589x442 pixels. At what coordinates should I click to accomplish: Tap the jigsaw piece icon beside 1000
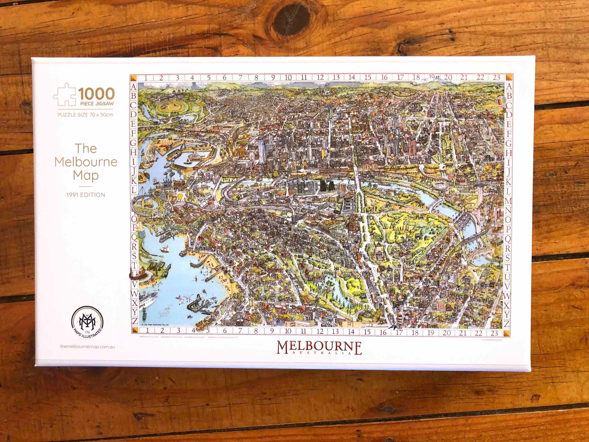click(x=65, y=94)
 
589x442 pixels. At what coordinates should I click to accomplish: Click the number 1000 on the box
click(x=96, y=94)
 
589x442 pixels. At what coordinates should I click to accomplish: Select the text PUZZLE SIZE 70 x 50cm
click(x=85, y=115)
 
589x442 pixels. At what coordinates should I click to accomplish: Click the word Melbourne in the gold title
click(x=86, y=162)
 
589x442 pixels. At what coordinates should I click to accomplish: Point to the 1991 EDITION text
click(x=86, y=195)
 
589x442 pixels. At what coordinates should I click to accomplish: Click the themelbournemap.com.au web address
click(x=88, y=346)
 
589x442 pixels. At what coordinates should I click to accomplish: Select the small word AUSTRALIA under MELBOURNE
click(x=319, y=353)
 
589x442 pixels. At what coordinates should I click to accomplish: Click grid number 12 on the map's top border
click(x=320, y=78)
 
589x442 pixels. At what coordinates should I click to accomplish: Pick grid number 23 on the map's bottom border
click(x=494, y=333)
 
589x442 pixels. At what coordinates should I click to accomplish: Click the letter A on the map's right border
click(x=509, y=87)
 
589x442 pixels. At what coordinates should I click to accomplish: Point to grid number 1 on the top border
click(x=146, y=78)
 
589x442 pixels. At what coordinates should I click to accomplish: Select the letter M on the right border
click(x=508, y=201)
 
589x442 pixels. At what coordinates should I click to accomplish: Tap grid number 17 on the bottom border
click(x=399, y=333)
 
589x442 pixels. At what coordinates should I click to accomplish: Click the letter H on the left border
click(x=133, y=152)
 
